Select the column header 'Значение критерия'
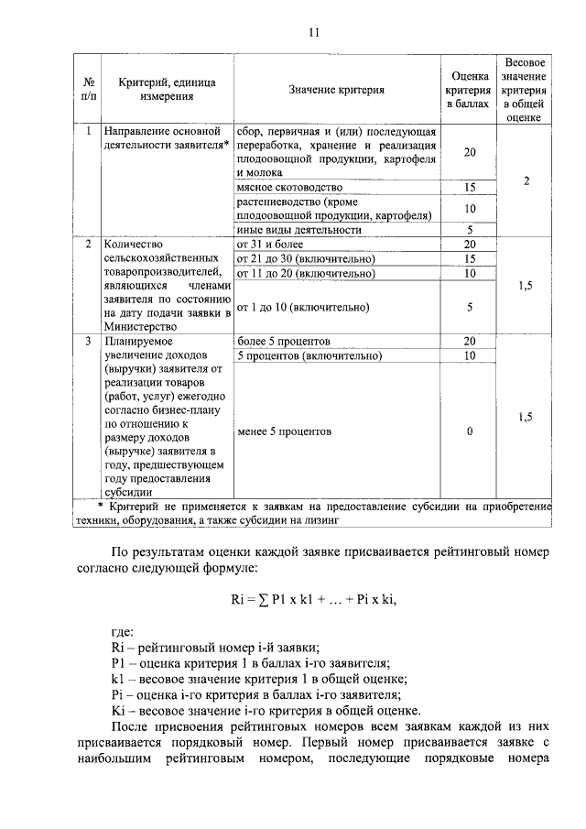tap(336, 90)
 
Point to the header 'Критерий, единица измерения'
tap(166, 89)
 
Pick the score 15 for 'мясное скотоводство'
tap(470, 187)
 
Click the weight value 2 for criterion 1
tap(526, 180)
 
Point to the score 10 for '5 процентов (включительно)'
tap(470, 355)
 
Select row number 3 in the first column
tap(87, 341)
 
